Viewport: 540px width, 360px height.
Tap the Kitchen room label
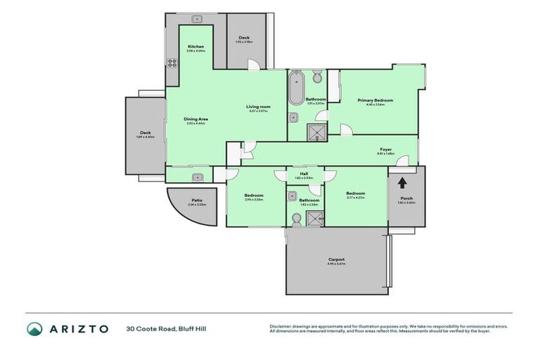pos(195,46)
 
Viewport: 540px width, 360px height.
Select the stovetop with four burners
pos(172,63)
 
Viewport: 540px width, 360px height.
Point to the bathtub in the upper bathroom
pos(297,89)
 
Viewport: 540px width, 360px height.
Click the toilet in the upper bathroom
pos(317,76)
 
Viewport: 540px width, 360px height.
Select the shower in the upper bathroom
pos(315,131)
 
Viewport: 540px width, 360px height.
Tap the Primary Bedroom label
pos(375,100)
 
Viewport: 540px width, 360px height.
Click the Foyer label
pos(385,149)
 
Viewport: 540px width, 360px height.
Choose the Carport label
pos(336,259)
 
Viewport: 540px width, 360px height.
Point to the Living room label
pos(258,107)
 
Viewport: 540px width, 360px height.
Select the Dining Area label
pos(195,119)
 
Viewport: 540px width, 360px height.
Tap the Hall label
pos(304,173)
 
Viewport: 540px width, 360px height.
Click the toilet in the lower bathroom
pos(297,219)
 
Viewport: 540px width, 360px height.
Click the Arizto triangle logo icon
pos(34,329)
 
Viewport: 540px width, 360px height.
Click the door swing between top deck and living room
pos(254,64)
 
